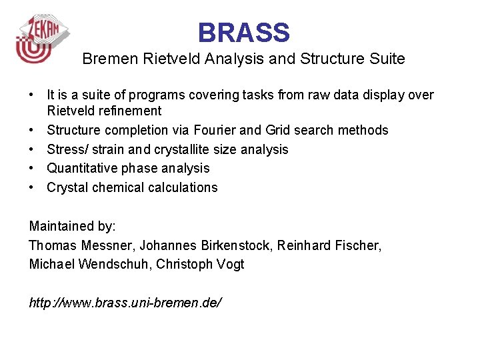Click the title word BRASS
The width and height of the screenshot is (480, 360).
click(x=243, y=33)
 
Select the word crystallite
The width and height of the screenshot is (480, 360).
click(x=188, y=149)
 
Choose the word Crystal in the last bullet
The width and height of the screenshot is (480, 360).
click(x=67, y=187)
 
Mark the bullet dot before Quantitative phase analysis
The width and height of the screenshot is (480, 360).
click(x=32, y=168)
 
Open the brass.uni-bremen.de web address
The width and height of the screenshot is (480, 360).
click(x=125, y=303)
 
